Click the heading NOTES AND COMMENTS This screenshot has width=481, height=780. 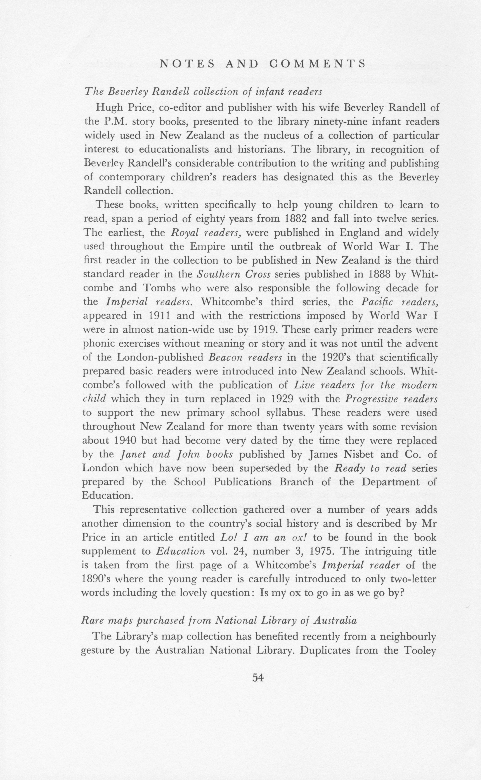tap(262, 64)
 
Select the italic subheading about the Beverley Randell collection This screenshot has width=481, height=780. tap(203, 92)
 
